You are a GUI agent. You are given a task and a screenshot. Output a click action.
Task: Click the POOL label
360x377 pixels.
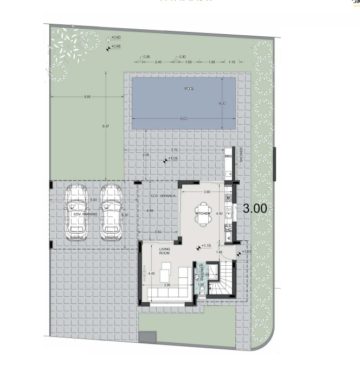coord(189,88)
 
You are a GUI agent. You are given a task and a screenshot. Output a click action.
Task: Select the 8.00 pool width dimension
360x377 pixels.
coord(184,118)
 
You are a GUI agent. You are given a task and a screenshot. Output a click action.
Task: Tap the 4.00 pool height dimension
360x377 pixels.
coord(221,103)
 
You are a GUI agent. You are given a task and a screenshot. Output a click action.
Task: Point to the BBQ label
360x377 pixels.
coord(228,156)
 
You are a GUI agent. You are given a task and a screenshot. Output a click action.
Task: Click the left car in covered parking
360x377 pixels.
coord(76,213)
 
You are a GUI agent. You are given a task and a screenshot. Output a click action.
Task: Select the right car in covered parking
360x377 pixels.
coord(111,213)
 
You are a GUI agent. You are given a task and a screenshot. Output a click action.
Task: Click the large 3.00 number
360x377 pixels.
coord(254,208)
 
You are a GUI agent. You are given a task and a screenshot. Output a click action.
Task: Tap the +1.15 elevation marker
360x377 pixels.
coord(205,246)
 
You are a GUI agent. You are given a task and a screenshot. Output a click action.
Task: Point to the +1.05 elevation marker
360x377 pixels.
coord(171,159)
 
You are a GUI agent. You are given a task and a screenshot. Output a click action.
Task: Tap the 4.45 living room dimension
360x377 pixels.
coord(151,273)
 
